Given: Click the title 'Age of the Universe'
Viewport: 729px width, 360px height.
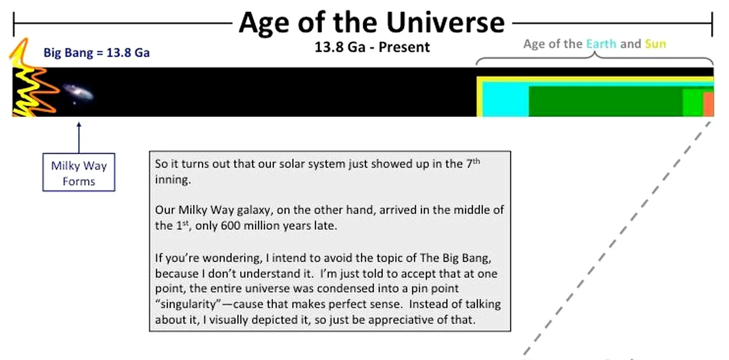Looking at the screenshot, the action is [x=371, y=23].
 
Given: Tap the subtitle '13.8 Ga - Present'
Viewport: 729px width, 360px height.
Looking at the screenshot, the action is [x=372, y=47].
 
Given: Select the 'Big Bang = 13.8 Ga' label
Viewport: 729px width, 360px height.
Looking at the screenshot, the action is [x=97, y=52].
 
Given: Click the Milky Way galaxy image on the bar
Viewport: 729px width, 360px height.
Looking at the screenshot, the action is [x=78, y=93].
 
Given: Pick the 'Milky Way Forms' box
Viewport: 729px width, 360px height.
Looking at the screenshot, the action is [x=79, y=172].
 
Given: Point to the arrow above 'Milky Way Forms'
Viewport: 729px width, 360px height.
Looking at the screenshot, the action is [x=79, y=137].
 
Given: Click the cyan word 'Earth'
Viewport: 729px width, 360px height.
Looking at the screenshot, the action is [x=601, y=44].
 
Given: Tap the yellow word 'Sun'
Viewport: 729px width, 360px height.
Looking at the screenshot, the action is [x=655, y=44].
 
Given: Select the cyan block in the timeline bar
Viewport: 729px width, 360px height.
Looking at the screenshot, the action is [x=505, y=99].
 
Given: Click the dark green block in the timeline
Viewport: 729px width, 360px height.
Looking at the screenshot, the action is [x=606, y=101].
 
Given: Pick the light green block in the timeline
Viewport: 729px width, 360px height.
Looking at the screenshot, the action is [x=693, y=103].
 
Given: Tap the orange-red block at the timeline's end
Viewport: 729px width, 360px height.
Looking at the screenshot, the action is [x=708, y=104].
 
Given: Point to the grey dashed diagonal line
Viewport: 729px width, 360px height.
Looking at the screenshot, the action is [x=617, y=238].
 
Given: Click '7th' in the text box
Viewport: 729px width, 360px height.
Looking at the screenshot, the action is [x=473, y=163].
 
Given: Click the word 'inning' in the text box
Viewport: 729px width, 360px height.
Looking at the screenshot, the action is [x=172, y=180].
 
